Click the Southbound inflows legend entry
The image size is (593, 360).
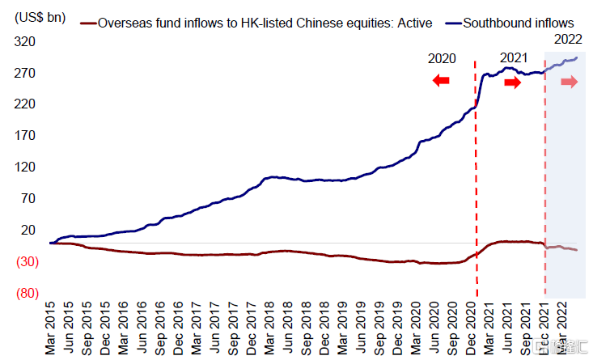(518, 23)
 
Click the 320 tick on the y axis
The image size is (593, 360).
(26, 42)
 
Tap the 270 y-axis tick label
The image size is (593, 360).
(26, 74)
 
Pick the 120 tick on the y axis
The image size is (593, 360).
(26, 167)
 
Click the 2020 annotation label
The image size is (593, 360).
(442, 59)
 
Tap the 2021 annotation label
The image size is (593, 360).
(513, 57)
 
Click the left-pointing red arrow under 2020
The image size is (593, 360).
(441, 80)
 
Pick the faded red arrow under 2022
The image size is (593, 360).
(570, 82)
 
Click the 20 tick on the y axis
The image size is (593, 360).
(29, 230)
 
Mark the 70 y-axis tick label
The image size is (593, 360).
(29, 198)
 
